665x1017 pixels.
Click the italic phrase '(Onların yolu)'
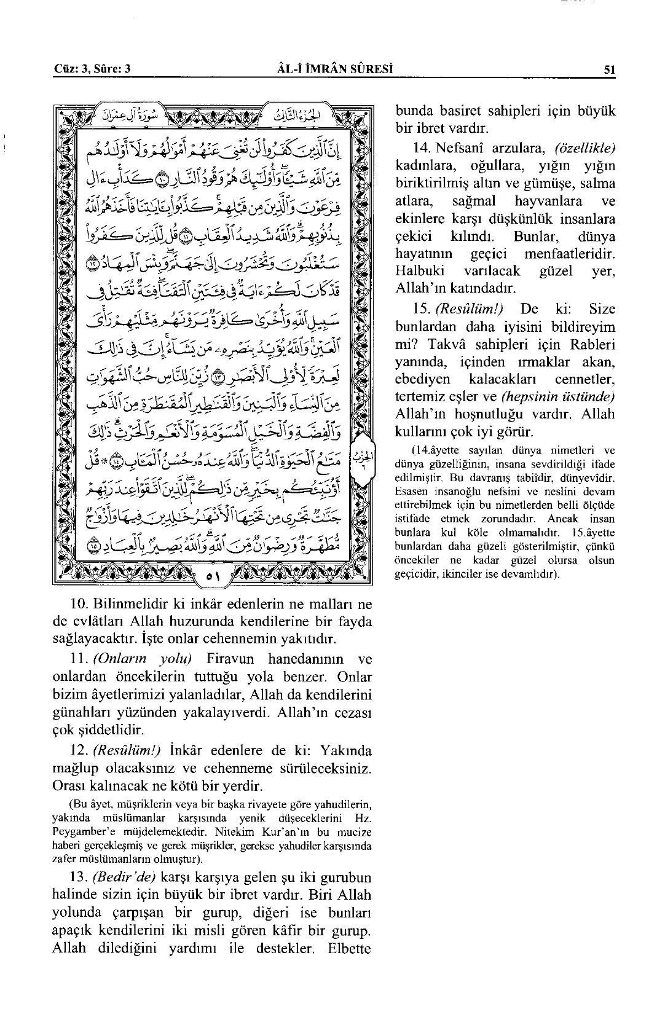tap(143, 659)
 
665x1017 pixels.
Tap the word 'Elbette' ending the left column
tap(348, 948)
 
